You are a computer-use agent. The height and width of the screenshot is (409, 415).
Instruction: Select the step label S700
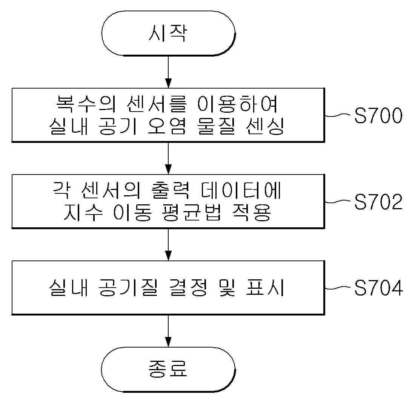378,115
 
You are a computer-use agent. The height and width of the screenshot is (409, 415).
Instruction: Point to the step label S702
378,202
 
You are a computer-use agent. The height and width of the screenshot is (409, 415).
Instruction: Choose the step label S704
378,288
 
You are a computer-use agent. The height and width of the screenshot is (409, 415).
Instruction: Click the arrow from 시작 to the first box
168,72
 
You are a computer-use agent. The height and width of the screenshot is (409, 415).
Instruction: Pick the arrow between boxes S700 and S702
168,158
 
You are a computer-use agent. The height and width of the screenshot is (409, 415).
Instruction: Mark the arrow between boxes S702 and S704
168,245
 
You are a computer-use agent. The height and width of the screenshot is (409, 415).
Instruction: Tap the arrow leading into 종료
168,331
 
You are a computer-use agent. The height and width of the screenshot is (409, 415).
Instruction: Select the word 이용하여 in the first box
238,104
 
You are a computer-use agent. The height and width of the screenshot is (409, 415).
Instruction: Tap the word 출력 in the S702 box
171,190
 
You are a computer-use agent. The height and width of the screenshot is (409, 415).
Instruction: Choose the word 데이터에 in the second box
241,190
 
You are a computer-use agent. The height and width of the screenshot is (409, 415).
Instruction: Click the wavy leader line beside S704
339,288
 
